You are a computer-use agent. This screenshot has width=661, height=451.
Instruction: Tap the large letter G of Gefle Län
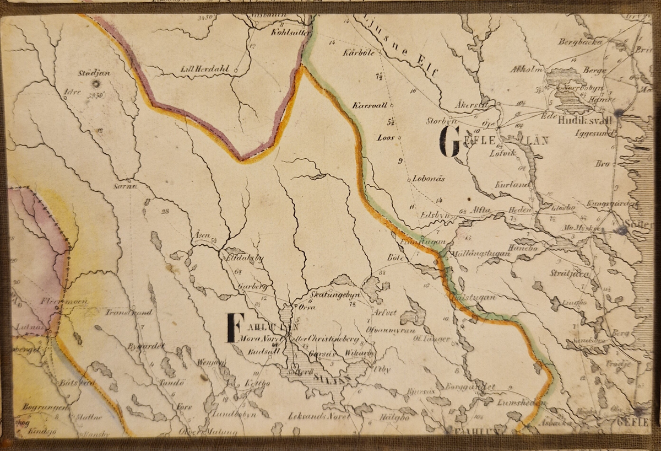(449, 142)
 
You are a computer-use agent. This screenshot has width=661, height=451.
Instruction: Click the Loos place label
(385, 137)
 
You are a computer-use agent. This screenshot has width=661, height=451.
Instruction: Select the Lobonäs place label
(428, 179)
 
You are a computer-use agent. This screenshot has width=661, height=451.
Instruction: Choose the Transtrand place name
(129, 313)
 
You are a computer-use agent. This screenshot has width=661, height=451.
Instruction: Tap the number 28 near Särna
(165, 211)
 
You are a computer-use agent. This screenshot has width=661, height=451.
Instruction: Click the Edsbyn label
(435, 214)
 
